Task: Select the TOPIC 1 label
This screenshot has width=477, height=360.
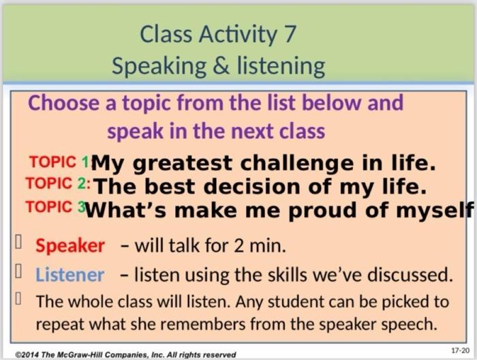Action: click(59, 162)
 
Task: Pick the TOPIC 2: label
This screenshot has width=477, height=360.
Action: click(57, 184)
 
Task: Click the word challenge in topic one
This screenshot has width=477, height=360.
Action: click(282, 164)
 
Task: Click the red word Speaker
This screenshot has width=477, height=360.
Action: click(70, 245)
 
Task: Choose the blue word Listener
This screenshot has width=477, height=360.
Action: click(70, 275)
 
